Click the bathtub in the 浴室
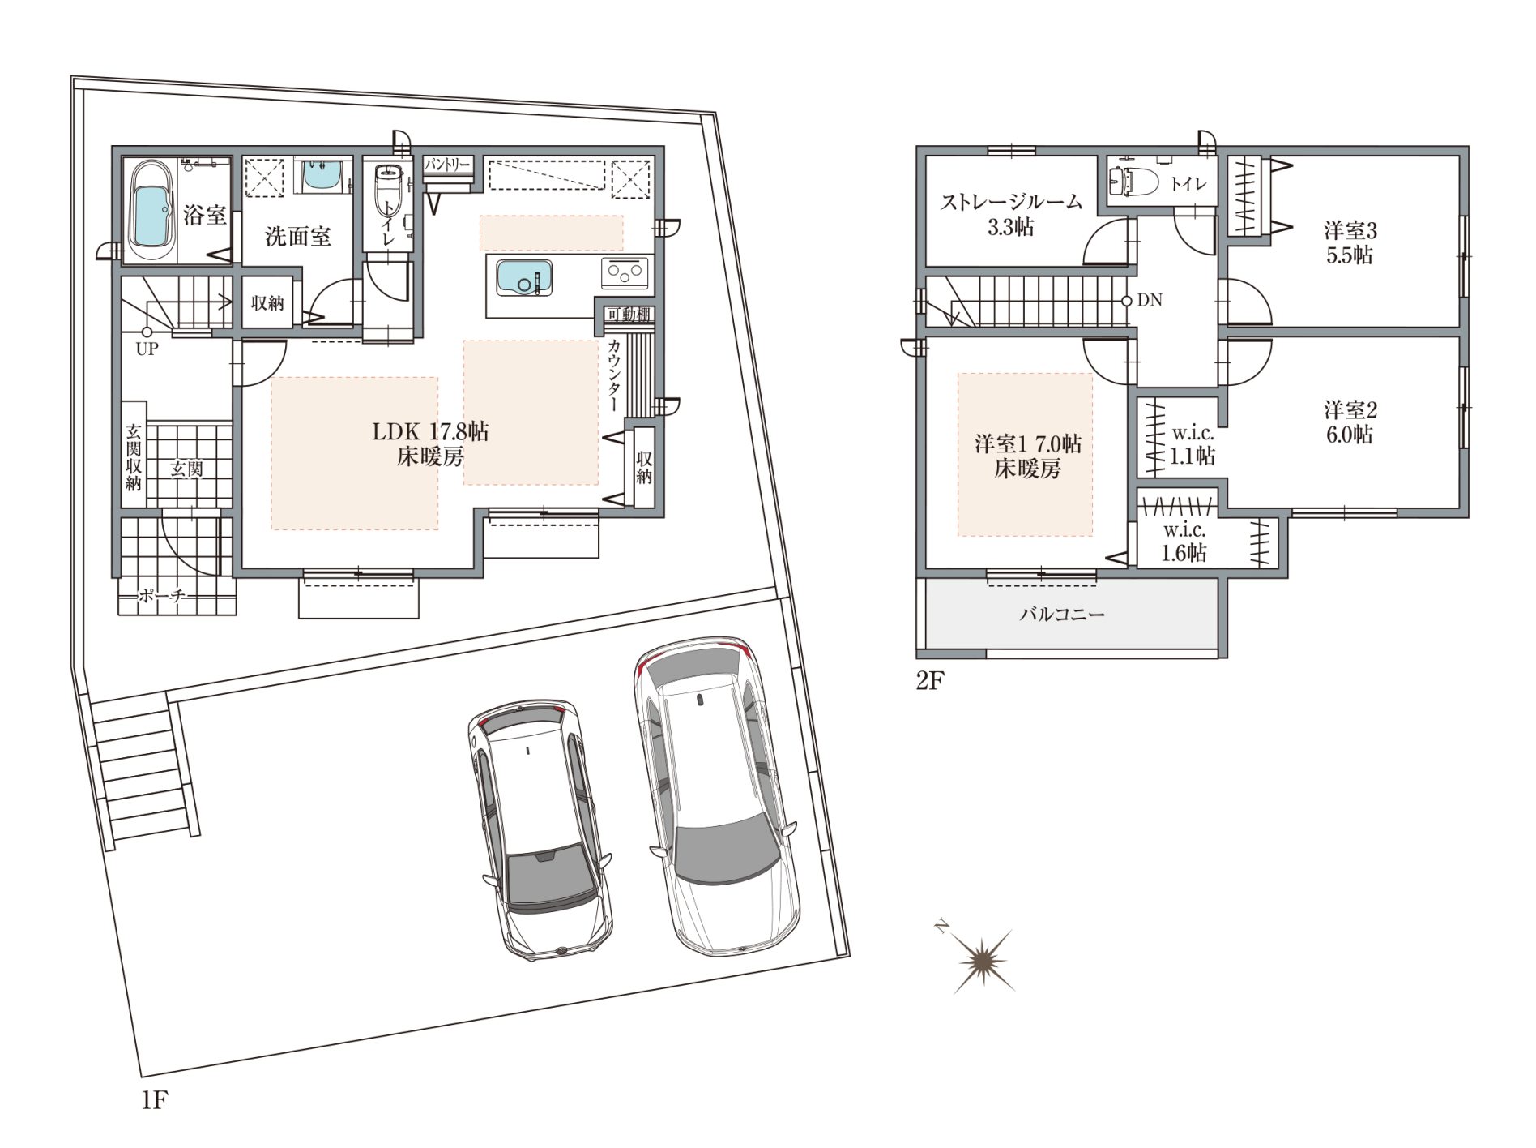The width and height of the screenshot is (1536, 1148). pyautogui.click(x=151, y=211)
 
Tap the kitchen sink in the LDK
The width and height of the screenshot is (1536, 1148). pyautogui.click(x=523, y=277)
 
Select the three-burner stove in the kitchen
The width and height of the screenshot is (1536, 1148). pyautogui.click(x=625, y=273)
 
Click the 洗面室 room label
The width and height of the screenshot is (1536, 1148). pyautogui.click(x=298, y=237)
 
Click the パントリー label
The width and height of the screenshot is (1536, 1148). pyautogui.click(x=447, y=165)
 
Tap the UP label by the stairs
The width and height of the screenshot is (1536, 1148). pyautogui.click(x=147, y=349)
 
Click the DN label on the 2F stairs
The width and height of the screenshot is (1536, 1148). pyautogui.click(x=1150, y=300)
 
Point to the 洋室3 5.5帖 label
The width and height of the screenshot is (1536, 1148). pyautogui.click(x=1350, y=242)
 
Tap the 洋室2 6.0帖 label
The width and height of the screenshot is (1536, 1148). pyautogui.click(x=1350, y=422)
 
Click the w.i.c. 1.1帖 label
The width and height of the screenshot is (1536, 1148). pyautogui.click(x=1193, y=445)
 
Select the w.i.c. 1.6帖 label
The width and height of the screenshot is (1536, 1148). pyautogui.click(x=1184, y=542)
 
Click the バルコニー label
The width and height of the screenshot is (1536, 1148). pyautogui.click(x=1062, y=614)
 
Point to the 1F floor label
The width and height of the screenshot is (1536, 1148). pyautogui.click(x=154, y=1100)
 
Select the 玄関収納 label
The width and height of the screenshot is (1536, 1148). pyautogui.click(x=134, y=457)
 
